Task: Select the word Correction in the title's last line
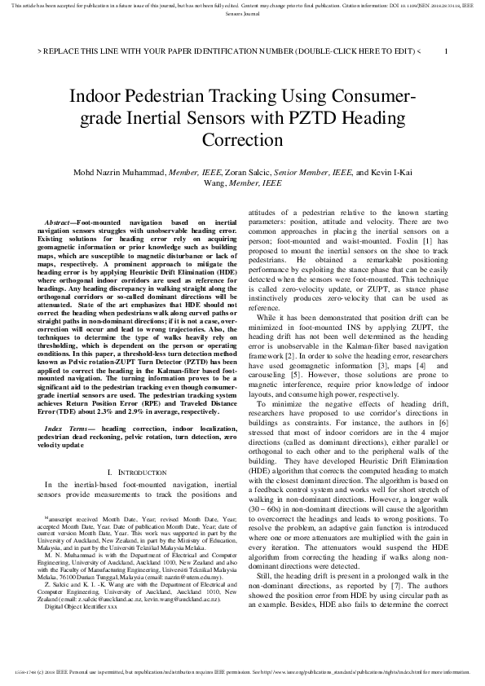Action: (242, 139)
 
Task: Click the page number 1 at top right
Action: (445, 51)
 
